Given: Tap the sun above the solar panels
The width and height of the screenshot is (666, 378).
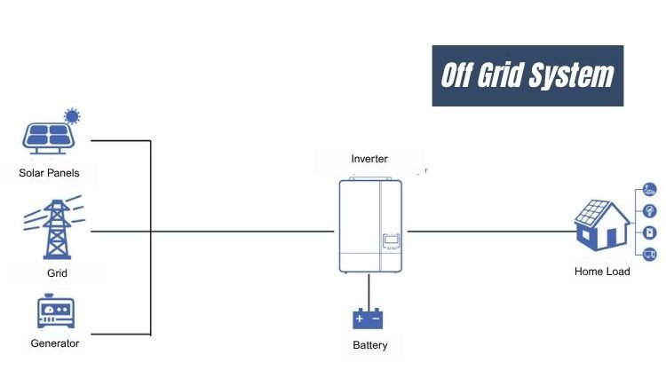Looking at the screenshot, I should point(72,116).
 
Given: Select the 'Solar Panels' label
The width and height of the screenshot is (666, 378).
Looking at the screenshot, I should point(49,172).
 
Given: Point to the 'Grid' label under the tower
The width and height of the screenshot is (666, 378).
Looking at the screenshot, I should point(57,273).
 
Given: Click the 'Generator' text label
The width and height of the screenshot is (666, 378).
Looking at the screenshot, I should point(54,343).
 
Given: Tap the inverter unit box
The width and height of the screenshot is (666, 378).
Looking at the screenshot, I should point(369,226).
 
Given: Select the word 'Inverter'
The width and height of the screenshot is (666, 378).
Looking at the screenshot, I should point(369,159).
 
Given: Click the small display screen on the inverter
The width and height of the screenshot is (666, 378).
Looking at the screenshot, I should point(391,240).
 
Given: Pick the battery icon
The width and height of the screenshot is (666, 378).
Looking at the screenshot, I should point(367,318).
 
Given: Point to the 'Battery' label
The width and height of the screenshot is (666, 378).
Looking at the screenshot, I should point(369,345).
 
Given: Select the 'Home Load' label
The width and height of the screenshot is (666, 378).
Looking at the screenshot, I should point(602,271).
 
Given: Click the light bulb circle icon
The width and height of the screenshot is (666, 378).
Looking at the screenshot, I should point(649,210).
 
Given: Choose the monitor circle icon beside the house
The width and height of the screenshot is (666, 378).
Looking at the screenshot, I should point(649,255).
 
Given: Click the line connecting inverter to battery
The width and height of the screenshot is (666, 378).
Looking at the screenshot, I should point(368,288).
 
